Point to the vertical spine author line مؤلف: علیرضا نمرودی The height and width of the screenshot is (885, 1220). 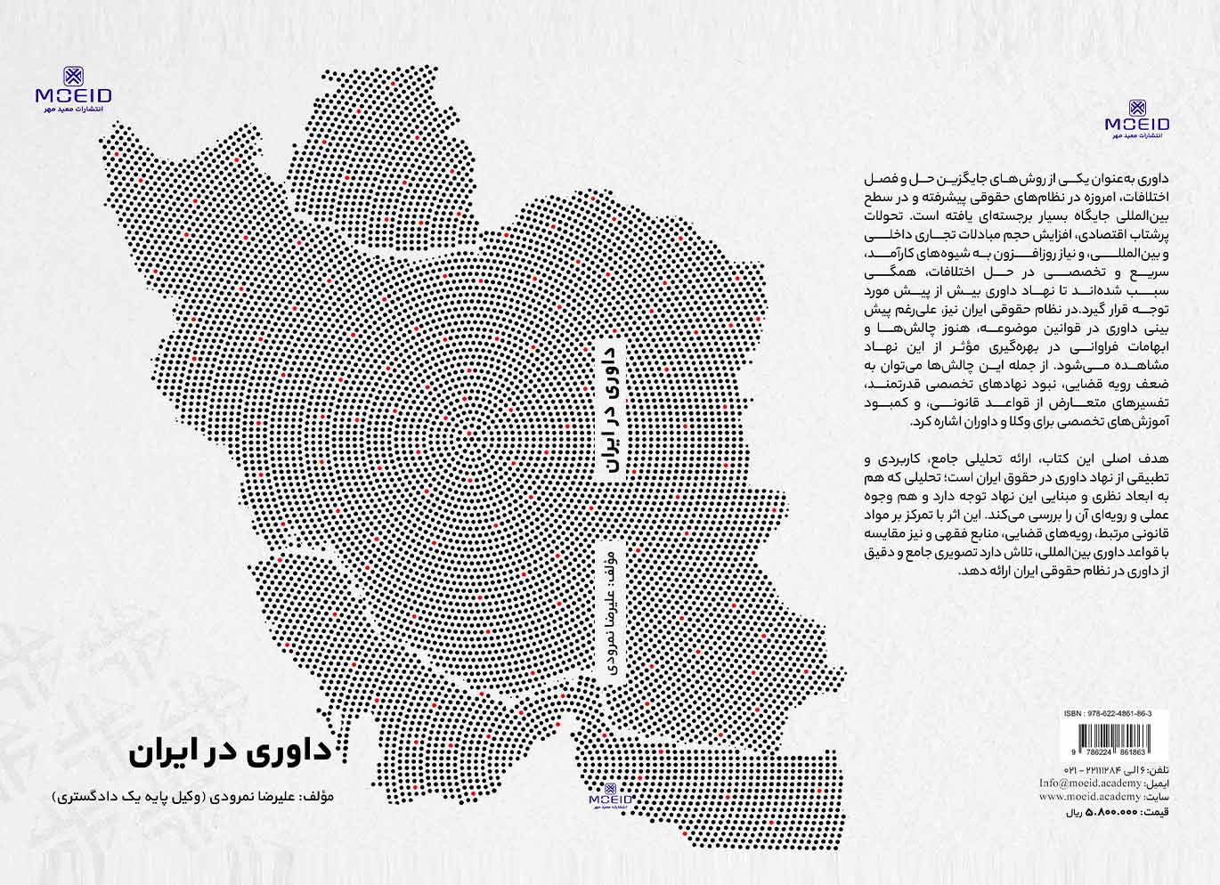(610, 614)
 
